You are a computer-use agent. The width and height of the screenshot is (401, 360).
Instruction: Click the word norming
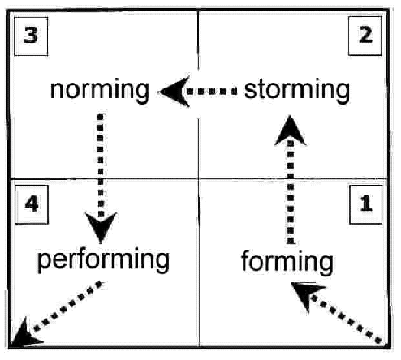click(100, 91)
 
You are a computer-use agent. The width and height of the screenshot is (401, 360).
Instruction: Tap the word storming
click(297, 91)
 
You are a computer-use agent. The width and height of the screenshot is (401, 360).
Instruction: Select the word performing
click(103, 260)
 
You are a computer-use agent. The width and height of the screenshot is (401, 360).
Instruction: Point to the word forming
click(287, 262)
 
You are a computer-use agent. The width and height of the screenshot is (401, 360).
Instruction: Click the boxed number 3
click(31, 36)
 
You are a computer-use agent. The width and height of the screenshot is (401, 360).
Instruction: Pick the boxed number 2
click(365, 36)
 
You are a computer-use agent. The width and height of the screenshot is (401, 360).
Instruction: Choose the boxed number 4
click(32, 204)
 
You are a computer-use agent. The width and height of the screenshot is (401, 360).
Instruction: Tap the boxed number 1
click(366, 204)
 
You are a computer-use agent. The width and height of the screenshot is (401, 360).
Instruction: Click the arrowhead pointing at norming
click(175, 92)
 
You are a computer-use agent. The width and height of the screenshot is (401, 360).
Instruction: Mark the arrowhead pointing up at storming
click(290, 131)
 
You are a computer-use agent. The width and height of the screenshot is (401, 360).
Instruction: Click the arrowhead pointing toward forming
click(307, 295)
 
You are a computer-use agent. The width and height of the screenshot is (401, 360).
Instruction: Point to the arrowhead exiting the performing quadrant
click(25, 333)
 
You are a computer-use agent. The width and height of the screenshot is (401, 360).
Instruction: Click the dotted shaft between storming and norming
click(212, 92)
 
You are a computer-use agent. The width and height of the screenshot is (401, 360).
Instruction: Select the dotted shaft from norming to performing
click(101, 165)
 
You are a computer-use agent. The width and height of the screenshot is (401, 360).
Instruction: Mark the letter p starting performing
click(45, 263)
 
